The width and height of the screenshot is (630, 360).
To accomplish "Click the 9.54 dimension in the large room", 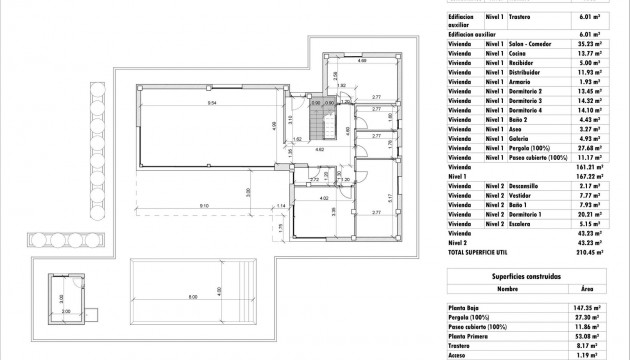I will [x=213, y=103].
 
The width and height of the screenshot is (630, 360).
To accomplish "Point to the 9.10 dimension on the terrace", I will [x=204, y=206].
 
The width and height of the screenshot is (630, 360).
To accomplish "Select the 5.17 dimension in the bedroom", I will [x=388, y=197].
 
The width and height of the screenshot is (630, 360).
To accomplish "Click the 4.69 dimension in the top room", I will [x=362, y=63].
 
